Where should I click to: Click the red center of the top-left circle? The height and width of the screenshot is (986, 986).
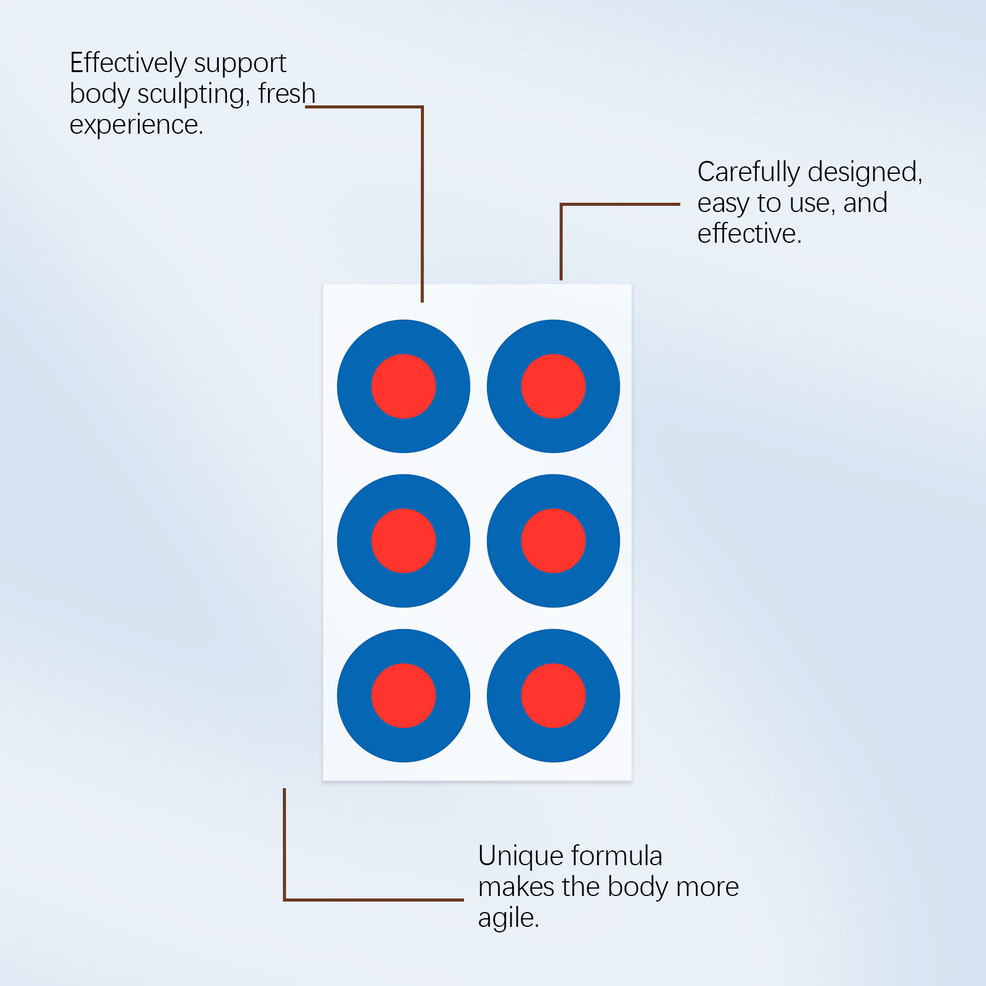point(404,386)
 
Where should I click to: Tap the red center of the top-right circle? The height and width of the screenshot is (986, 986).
point(553,386)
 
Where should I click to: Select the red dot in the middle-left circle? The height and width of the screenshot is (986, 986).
point(404,541)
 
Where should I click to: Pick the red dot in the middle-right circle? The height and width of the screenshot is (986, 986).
point(553,541)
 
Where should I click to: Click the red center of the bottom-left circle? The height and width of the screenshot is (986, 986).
point(404,696)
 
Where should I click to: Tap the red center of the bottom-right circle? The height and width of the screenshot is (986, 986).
point(553,696)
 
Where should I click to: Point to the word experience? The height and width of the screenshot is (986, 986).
point(135,125)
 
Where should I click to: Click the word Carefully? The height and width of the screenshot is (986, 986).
point(748,172)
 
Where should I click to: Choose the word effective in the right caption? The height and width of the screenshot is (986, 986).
point(748,234)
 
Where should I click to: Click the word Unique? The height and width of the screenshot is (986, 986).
point(520,857)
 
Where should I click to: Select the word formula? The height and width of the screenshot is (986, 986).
point(616,856)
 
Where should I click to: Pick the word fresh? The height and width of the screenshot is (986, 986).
point(287,94)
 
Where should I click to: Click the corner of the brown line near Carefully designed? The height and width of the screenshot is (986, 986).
point(561,205)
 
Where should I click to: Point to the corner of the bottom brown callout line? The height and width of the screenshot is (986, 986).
point(285,899)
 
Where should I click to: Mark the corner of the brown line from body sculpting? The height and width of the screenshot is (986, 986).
point(422,107)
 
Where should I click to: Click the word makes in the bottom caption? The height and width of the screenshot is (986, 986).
point(516,887)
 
